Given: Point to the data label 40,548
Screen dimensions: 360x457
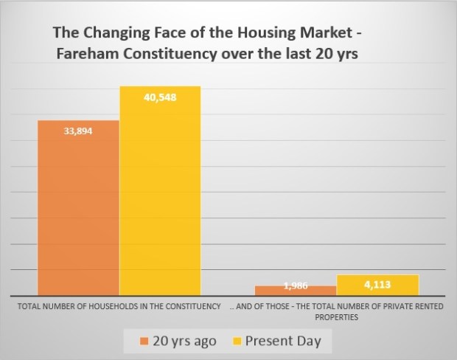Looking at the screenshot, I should tap(161, 96).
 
